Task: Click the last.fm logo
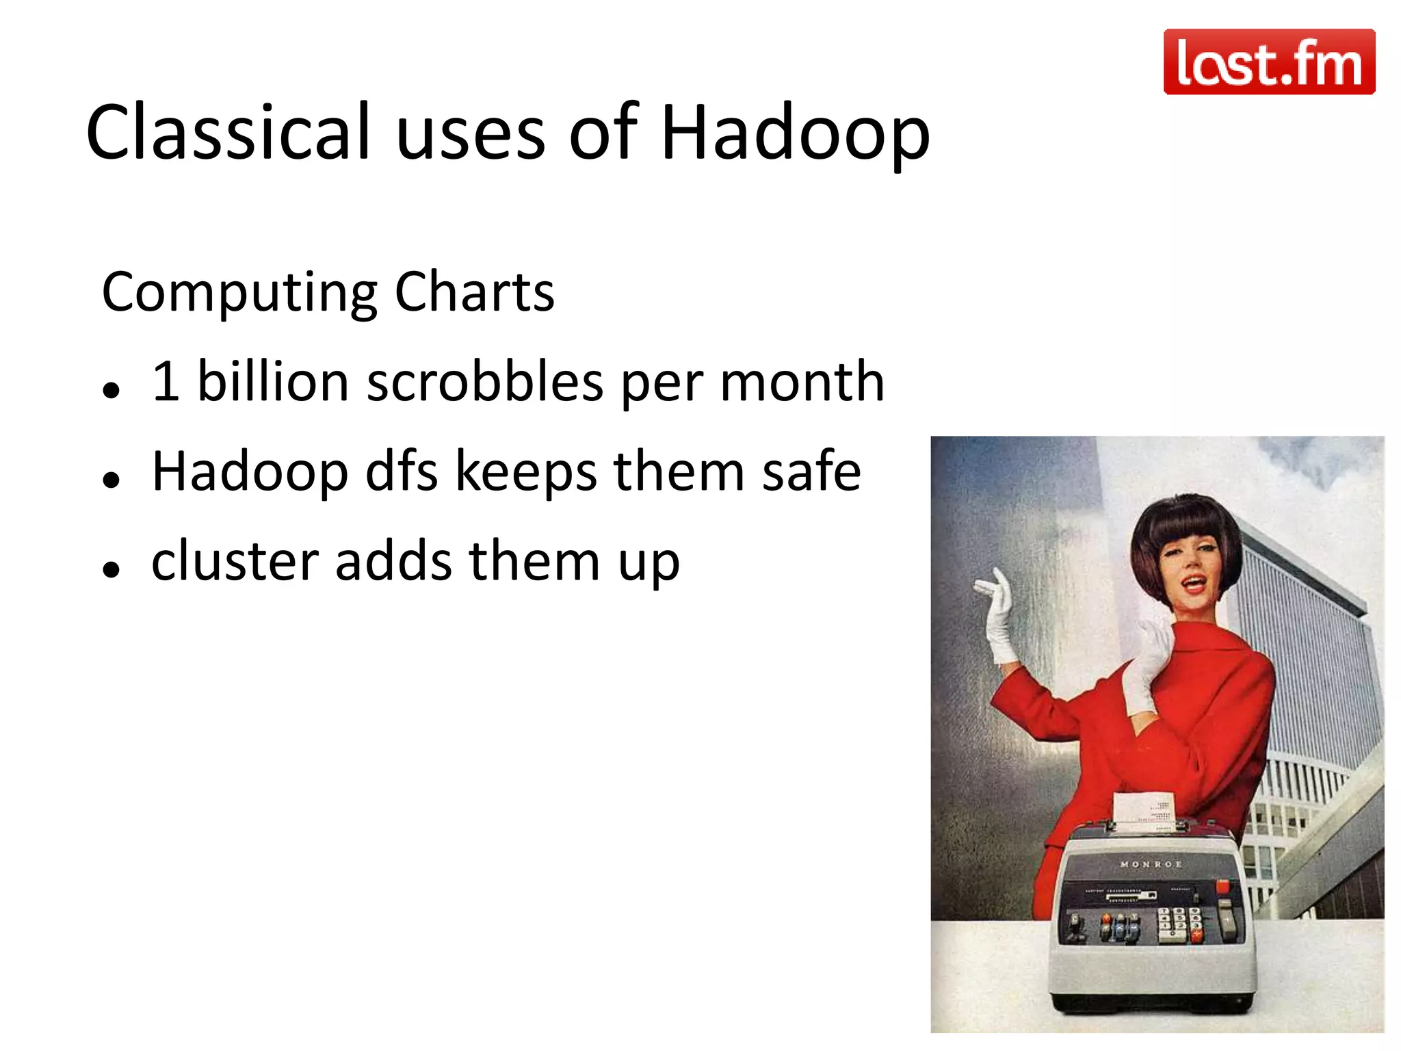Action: pyautogui.click(x=1269, y=62)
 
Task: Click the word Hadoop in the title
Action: pyautogui.click(x=795, y=133)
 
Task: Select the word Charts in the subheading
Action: pyautogui.click(x=474, y=292)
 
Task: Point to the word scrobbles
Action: pyautogui.click(x=485, y=381)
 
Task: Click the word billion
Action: pyautogui.click(x=273, y=381)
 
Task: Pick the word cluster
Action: pyautogui.click(x=235, y=561)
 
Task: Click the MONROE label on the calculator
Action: pyautogui.click(x=1151, y=864)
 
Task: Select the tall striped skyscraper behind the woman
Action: pyautogui.click(x=1300, y=650)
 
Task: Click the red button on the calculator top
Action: pyautogui.click(x=1222, y=887)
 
